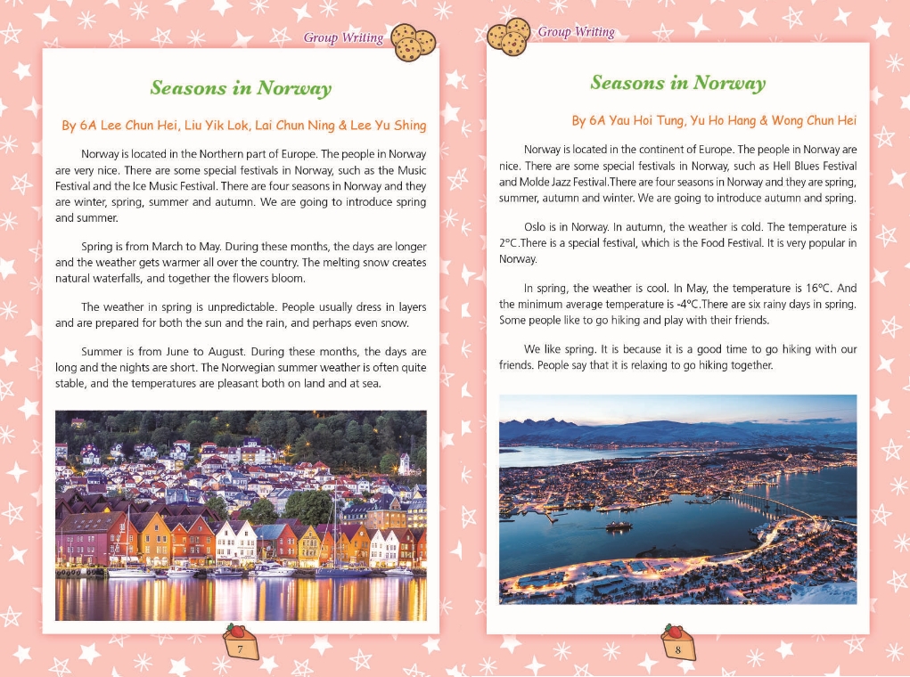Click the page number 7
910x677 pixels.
(x=241, y=649)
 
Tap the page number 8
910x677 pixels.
(x=678, y=649)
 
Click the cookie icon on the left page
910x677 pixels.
(x=413, y=41)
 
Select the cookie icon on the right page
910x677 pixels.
(x=509, y=37)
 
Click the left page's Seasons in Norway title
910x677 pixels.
(x=241, y=88)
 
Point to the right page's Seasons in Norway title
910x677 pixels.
(x=677, y=83)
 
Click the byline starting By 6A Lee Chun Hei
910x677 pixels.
(x=243, y=126)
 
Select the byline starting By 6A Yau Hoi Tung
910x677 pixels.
(x=714, y=120)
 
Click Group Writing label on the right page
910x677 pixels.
(x=576, y=32)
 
